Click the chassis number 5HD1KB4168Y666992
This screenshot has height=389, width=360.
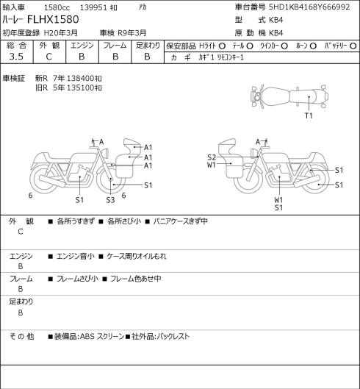click(309, 7)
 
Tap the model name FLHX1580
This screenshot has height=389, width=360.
click(53, 19)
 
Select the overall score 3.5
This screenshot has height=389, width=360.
click(16, 57)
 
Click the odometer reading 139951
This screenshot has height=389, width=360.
click(94, 7)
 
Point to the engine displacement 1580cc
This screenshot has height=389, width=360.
click(57, 7)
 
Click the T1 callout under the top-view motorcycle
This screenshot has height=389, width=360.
click(309, 115)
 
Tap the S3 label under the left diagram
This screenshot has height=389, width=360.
click(110, 200)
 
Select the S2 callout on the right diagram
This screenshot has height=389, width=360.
click(212, 157)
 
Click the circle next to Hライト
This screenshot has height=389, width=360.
click(222, 46)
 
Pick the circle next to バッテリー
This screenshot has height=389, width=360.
click(353, 46)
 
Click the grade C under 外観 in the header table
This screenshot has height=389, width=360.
click(48, 57)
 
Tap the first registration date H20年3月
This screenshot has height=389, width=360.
click(61, 33)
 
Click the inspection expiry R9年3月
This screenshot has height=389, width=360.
click(132, 33)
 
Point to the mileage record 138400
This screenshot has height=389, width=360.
click(82, 79)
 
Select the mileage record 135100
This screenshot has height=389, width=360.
click(82, 88)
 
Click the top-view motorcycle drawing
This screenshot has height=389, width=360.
click(289, 96)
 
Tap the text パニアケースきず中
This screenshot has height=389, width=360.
click(180, 221)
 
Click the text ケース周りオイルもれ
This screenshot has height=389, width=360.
click(137, 256)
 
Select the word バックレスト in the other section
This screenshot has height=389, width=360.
click(173, 336)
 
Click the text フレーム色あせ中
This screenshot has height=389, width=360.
click(136, 279)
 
